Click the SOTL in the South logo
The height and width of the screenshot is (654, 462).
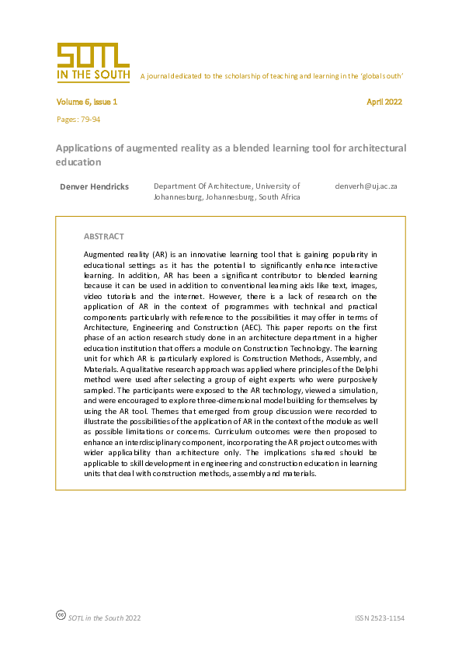(92, 62)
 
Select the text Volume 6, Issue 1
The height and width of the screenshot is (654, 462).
(86, 102)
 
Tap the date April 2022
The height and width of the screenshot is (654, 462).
(384, 102)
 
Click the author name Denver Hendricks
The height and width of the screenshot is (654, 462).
(94, 186)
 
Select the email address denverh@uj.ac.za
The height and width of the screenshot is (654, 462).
(366, 186)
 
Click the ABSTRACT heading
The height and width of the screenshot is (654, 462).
(103, 236)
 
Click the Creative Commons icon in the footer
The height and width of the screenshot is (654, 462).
(61, 614)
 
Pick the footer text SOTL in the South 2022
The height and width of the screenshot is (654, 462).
(104, 618)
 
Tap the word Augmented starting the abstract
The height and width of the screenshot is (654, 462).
(103, 254)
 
